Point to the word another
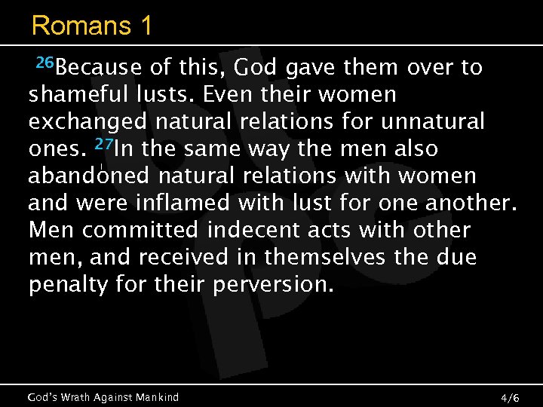[465, 203]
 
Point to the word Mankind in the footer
[156, 396]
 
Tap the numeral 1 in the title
[143, 26]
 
